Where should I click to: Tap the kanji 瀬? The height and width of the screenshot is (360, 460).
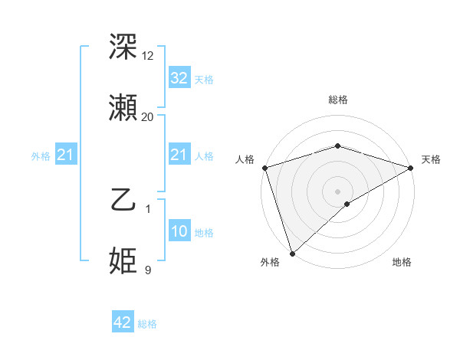pyautogui.click(x=124, y=108)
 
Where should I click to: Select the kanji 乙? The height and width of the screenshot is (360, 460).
pyautogui.click(x=124, y=201)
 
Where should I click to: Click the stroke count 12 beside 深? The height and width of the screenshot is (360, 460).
pyautogui.click(x=148, y=55)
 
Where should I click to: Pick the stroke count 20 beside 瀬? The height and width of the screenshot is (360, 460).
pyautogui.click(x=148, y=117)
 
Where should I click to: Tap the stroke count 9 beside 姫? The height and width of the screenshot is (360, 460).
pyautogui.click(x=148, y=270)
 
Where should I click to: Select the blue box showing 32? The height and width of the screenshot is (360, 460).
pyautogui.click(x=179, y=78)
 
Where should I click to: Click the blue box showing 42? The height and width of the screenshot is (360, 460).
pyautogui.click(x=123, y=323)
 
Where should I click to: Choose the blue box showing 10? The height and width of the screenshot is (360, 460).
pyautogui.click(x=179, y=232)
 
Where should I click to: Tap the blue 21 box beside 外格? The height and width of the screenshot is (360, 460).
pyautogui.click(x=66, y=155)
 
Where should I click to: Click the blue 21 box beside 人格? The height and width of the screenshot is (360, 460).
pyautogui.click(x=179, y=155)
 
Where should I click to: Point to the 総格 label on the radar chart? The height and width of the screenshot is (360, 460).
pyautogui.click(x=338, y=100)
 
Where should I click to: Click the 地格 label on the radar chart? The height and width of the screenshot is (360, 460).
pyautogui.click(x=402, y=263)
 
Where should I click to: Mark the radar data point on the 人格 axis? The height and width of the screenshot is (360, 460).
pyautogui.click(x=264, y=168)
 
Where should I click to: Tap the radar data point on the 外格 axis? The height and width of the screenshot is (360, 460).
pyautogui.click(x=292, y=253)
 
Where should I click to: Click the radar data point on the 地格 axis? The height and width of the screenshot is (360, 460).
pyautogui.click(x=347, y=204)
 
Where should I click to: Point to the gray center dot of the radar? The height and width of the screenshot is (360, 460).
pyautogui.click(x=338, y=191)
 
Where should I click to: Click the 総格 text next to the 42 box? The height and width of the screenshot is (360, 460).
pyautogui.click(x=147, y=324)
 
